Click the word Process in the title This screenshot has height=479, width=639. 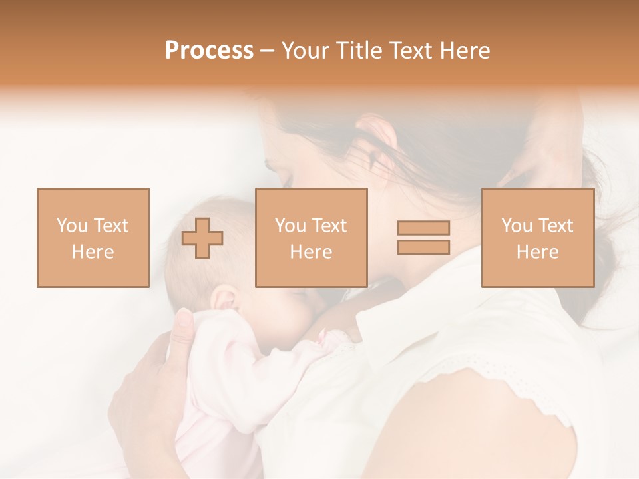[209, 51]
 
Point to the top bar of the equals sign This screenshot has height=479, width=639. [423, 228]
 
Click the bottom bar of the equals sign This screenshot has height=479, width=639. [423, 247]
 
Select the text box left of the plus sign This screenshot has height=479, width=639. [93, 238]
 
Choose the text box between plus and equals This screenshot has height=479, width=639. [312, 238]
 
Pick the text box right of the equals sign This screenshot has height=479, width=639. [538, 238]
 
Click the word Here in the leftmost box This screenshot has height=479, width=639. [93, 252]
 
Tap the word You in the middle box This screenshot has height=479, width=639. [290, 226]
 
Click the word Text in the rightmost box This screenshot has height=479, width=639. [556, 226]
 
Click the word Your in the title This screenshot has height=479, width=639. [305, 51]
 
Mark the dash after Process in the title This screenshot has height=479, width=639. [268, 51]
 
